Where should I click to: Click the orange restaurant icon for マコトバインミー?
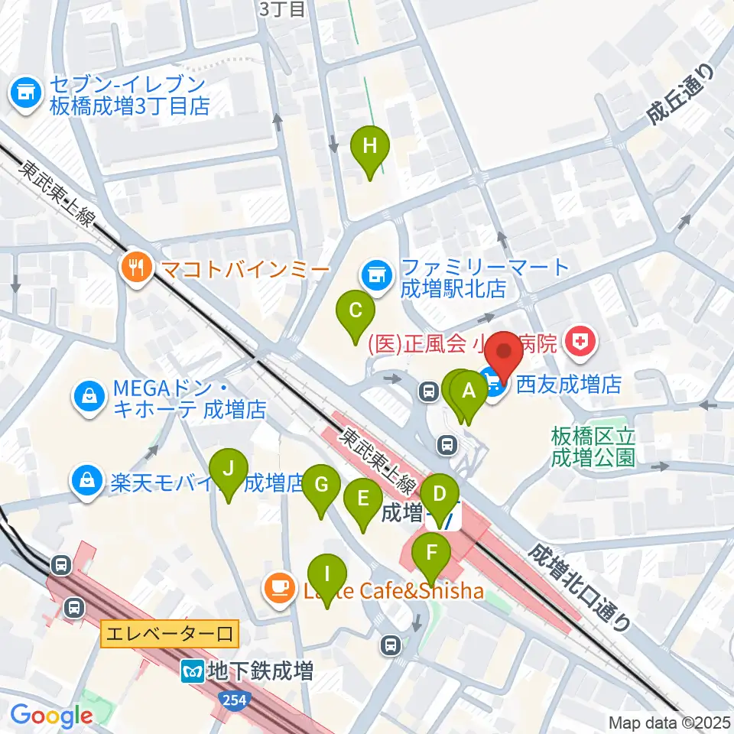137,268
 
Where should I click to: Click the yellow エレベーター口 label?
170,634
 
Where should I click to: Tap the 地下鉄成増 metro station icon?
191,672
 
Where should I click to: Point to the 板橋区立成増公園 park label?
593,447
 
